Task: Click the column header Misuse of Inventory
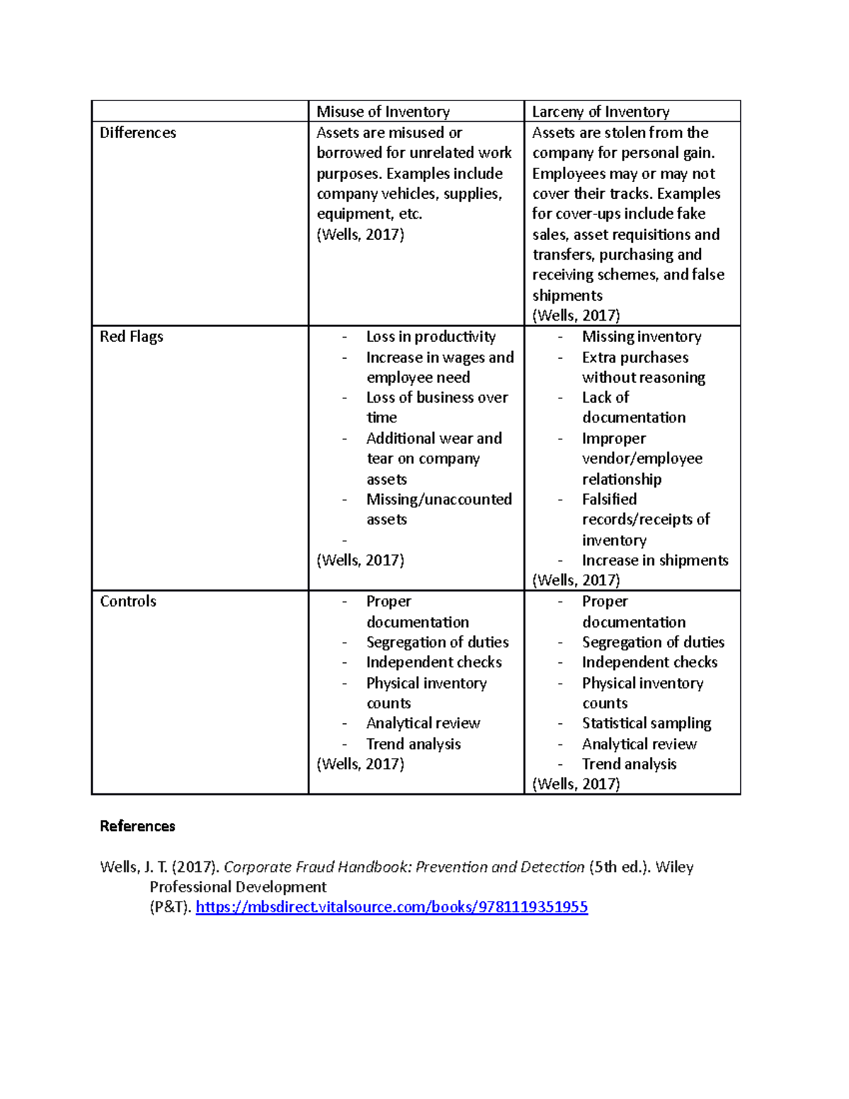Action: [383, 112]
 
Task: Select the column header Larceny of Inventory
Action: [600, 112]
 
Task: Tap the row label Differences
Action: [138, 133]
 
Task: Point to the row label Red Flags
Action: [132, 337]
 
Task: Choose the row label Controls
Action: [128, 602]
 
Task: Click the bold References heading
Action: [137, 827]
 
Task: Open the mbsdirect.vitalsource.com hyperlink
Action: [391, 907]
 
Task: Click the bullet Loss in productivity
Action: [430, 337]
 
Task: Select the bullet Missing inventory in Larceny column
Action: [641, 337]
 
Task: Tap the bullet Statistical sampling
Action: [646, 723]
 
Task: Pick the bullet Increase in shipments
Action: [654, 560]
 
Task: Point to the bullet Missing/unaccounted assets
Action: [439, 500]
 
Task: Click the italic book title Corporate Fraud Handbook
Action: [404, 868]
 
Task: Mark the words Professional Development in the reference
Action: [238, 887]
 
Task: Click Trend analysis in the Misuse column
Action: [413, 744]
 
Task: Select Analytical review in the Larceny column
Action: [639, 744]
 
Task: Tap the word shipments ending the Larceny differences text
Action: [567, 296]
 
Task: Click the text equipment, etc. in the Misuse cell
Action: [369, 214]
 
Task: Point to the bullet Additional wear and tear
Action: [434, 439]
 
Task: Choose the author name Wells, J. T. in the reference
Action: [133, 868]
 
